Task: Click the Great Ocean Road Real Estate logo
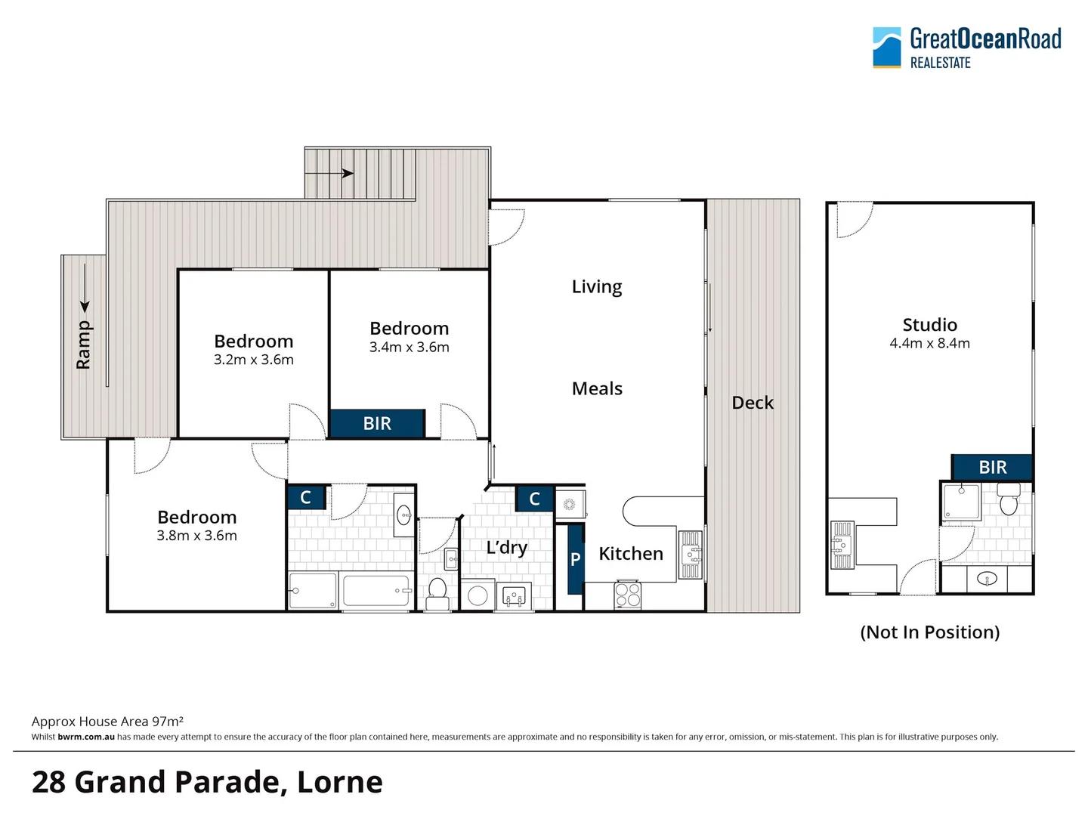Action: click(966, 48)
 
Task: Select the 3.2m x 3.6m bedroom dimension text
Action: click(254, 360)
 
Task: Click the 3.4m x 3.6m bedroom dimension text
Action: click(409, 348)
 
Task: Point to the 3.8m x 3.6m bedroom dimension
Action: click(197, 536)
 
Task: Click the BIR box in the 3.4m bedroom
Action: click(377, 424)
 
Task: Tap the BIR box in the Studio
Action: click(992, 468)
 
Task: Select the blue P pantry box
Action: click(576, 559)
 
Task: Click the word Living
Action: click(597, 287)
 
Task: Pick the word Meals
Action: click(597, 389)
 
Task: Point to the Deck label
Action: click(753, 403)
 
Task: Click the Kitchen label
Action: click(631, 554)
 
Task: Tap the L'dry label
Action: click(506, 547)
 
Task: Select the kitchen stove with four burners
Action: click(628, 595)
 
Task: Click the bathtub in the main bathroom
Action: click(376, 590)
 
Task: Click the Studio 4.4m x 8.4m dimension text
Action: click(929, 344)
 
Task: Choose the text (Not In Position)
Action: click(929, 632)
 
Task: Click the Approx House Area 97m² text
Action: click(107, 722)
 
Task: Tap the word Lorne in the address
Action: click(340, 782)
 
